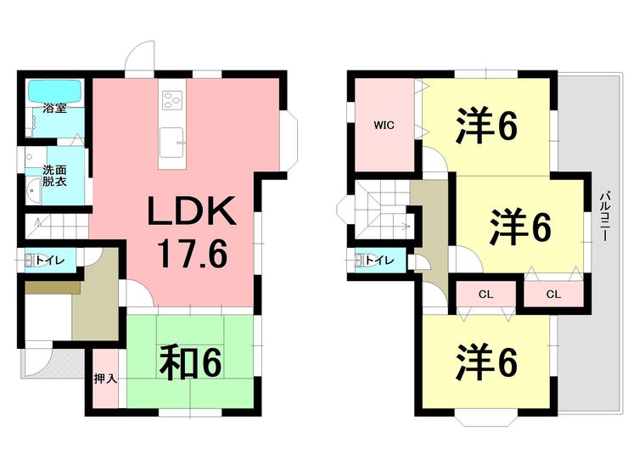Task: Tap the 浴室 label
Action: pos(55,109)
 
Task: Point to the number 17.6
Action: pos(191,254)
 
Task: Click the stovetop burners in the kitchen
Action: pos(173,99)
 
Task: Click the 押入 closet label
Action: pos(104,379)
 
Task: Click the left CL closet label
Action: pos(485,295)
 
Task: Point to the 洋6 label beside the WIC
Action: pos(486,126)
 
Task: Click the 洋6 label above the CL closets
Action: pos(519,227)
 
